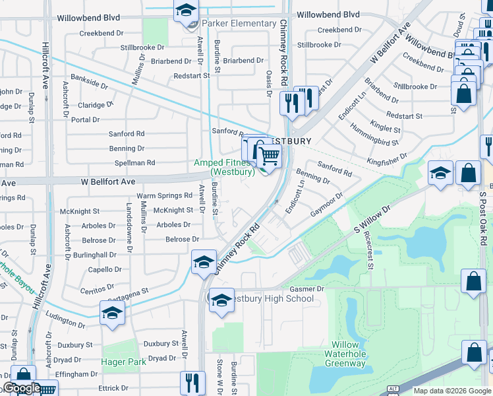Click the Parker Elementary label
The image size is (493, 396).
point(239,24)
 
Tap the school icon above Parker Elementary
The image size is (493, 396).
point(187,11)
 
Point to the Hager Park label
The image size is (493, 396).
point(123,362)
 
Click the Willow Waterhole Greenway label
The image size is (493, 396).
point(345,354)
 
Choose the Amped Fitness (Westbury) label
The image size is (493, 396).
point(223,168)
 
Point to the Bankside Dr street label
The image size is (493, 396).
point(91,84)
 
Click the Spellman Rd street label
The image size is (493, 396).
point(134,162)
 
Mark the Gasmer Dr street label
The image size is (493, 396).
point(307,290)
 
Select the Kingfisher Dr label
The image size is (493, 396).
point(388,158)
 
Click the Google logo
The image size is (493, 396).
point(22,388)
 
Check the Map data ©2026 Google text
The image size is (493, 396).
point(451,391)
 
